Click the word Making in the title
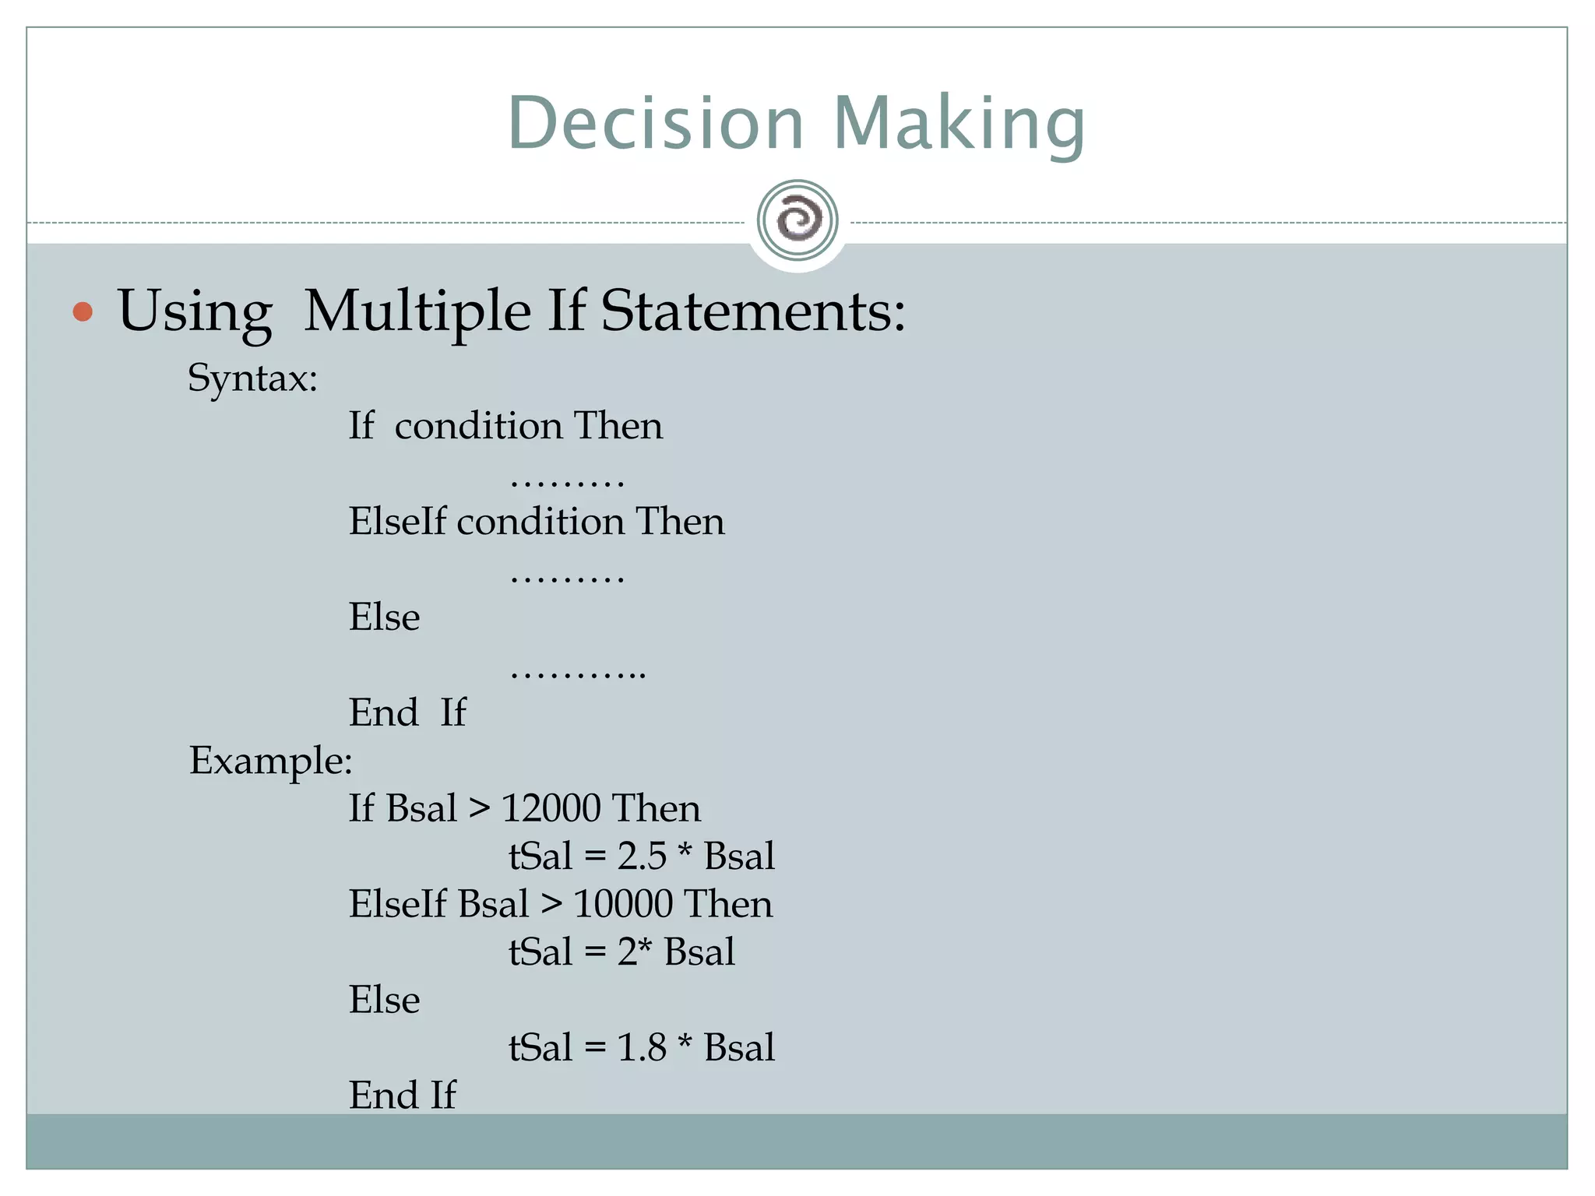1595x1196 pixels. (959, 125)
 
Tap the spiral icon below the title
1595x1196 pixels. (797, 220)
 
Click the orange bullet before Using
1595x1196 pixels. (83, 312)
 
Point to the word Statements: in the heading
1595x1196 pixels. (753, 311)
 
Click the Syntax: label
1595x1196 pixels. (252, 379)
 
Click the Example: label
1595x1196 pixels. (270, 761)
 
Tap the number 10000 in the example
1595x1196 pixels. (623, 904)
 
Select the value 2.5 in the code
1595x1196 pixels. (642, 857)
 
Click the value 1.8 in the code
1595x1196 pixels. (642, 1048)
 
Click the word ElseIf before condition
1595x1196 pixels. (398, 522)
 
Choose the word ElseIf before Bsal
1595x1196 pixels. (398, 904)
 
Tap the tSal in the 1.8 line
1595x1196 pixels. (540, 1048)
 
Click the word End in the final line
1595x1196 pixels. (383, 1096)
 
